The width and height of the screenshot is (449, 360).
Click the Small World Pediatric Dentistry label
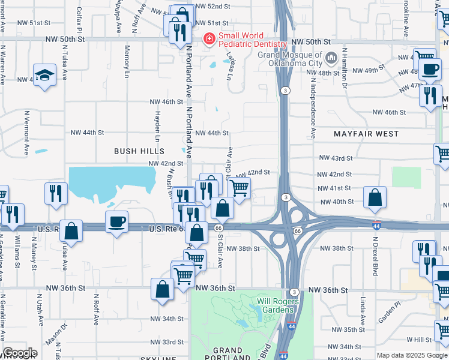click(x=253, y=40)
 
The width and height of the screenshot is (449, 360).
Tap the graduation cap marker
click(x=44, y=74)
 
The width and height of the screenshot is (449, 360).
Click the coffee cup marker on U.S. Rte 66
click(x=117, y=221)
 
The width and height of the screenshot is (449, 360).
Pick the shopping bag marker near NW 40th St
click(x=375, y=197)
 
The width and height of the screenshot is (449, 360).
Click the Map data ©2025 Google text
click(x=412, y=355)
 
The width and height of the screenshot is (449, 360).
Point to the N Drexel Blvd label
click(x=375, y=255)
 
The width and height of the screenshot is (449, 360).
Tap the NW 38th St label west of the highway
click(x=247, y=248)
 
